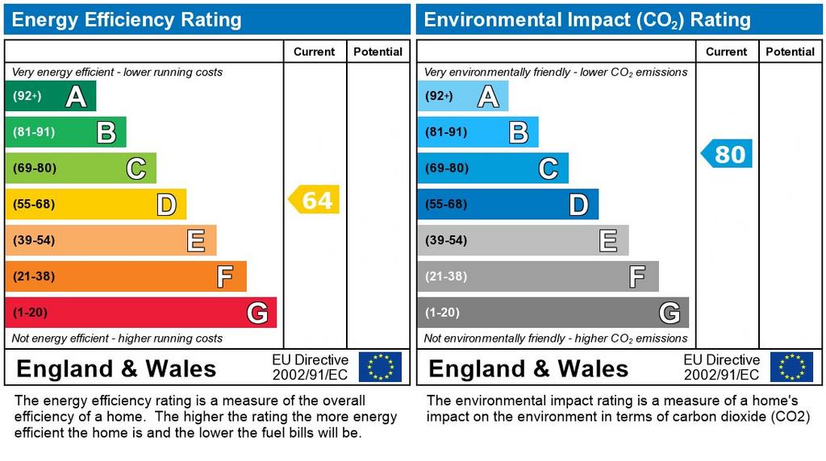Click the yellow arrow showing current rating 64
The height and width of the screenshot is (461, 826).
315,200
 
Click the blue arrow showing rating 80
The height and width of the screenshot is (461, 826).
727,153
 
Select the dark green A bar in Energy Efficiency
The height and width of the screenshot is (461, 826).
50,97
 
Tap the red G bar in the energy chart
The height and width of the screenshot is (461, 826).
140,313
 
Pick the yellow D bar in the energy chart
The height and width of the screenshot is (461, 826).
95,204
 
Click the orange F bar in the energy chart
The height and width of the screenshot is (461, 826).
125,276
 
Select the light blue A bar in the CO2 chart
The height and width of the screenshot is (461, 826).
462,97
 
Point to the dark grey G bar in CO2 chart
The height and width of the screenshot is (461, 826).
553,313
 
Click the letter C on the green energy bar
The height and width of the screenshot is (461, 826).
136,168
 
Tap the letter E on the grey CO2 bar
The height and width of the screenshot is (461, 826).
608,240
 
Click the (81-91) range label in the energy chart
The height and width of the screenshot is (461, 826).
34,132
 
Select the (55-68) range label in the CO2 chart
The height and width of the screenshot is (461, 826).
446,204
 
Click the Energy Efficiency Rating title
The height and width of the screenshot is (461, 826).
127,19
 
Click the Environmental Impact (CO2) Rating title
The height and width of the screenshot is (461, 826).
587,19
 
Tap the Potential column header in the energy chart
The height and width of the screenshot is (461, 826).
378,52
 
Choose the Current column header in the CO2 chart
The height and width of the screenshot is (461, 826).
726,52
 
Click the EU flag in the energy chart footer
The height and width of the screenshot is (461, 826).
380,367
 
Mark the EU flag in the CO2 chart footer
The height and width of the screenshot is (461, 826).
791,367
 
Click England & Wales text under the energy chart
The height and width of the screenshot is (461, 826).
116,369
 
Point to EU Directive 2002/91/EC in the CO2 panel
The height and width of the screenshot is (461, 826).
721,367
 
